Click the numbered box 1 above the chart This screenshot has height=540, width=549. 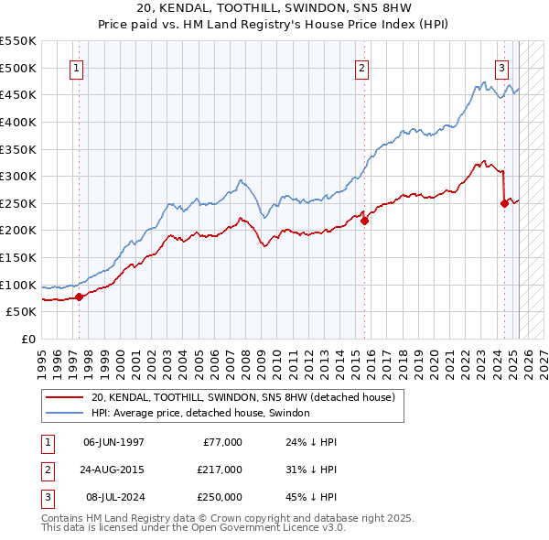pyautogui.click(x=76, y=68)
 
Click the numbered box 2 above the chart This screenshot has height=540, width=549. pyautogui.click(x=362, y=68)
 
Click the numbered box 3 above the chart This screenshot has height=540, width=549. pyautogui.click(x=502, y=68)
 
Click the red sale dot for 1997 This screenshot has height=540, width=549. pyautogui.click(x=79, y=297)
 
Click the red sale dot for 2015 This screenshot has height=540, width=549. pyautogui.click(x=363, y=221)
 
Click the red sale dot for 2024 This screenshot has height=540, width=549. pyautogui.click(x=504, y=203)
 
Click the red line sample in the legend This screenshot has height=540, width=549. pyautogui.click(x=64, y=397)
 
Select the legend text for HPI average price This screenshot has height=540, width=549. pyautogui.click(x=200, y=414)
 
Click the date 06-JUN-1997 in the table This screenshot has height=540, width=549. pyautogui.click(x=113, y=442)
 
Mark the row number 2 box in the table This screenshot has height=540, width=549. pyautogui.click(x=46, y=470)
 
